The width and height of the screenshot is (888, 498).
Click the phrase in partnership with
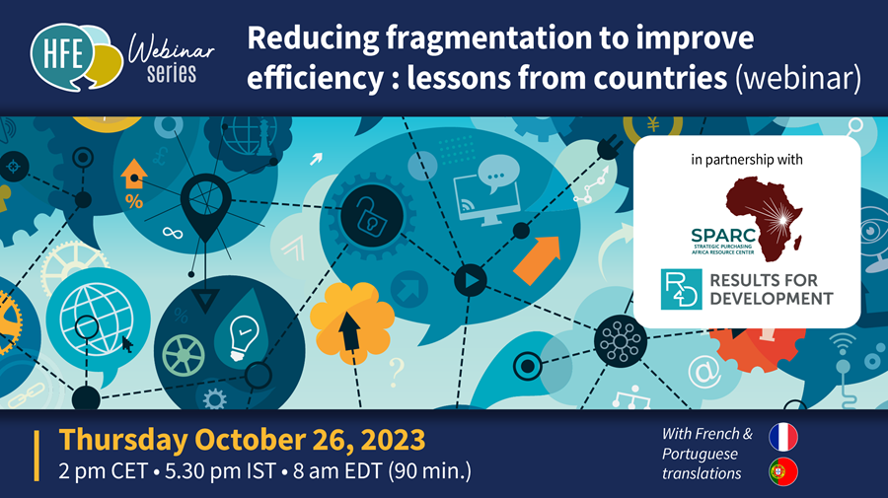point(747,158)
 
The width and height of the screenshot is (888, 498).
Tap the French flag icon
point(782,437)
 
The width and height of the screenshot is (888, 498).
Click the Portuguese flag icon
point(782,472)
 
